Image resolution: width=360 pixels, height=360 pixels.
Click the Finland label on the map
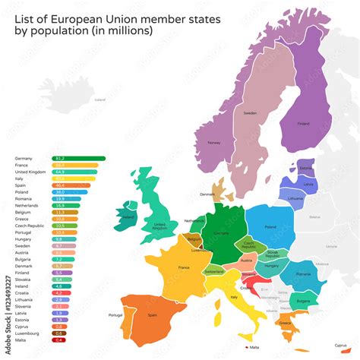click(x=303, y=123)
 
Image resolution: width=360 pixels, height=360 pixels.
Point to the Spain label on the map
click(x=152, y=315)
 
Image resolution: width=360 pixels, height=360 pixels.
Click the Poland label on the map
click(x=270, y=226)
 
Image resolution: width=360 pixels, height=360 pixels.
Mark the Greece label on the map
click(x=284, y=323)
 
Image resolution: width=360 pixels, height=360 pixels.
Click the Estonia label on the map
click(x=305, y=169)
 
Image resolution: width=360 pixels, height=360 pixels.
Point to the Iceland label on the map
click(x=99, y=99)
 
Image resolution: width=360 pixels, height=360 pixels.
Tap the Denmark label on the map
click(x=207, y=194)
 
